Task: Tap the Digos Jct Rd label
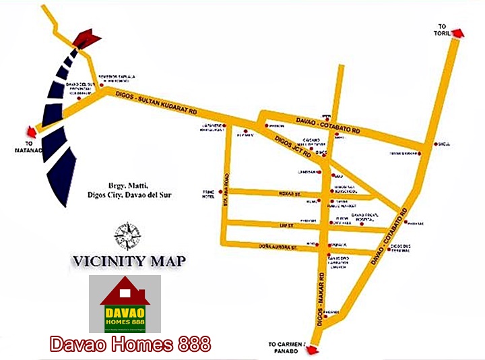click(x=293, y=144)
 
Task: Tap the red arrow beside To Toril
click(x=456, y=33)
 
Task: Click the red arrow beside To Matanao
click(x=29, y=132)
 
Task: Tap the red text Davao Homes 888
click(x=129, y=345)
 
